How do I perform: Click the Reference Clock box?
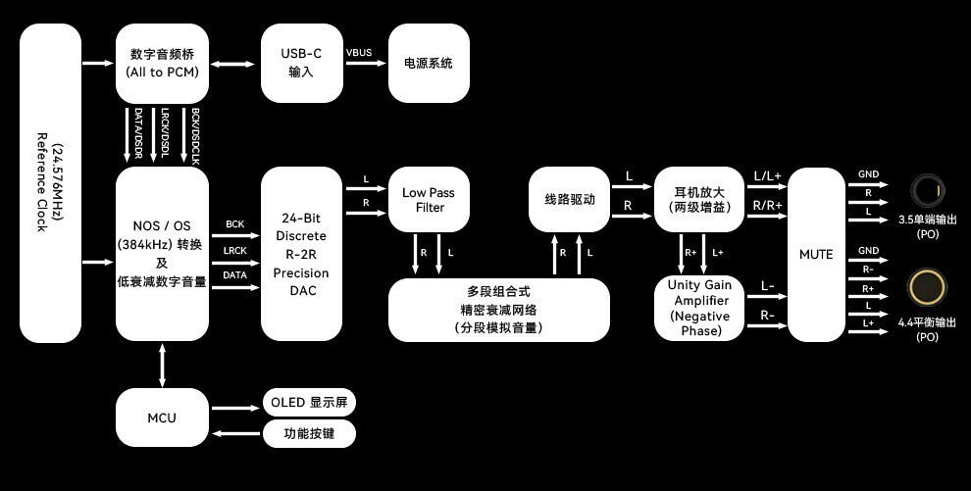50,183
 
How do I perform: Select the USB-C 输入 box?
301,64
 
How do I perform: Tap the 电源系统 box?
429,64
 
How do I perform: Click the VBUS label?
359,52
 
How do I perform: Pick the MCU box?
162,417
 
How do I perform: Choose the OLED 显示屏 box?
308,403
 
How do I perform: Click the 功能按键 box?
308,433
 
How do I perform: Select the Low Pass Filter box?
429,200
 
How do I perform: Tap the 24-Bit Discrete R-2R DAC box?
301,254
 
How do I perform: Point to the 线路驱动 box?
570,199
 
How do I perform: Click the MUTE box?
816,255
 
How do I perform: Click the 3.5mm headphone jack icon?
927,188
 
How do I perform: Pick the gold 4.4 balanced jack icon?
927,287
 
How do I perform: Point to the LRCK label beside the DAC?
234,250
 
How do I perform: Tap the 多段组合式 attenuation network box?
499,310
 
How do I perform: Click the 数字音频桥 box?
162,64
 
